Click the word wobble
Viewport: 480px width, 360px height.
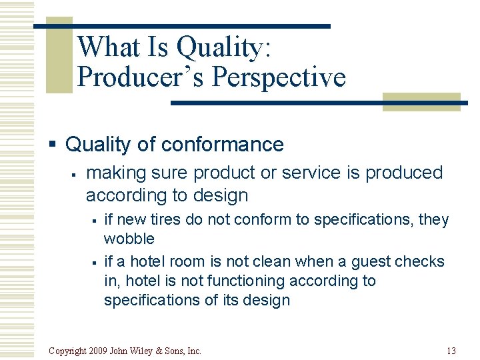click(x=129, y=239)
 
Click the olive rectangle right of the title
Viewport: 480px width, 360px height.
click(x=421, y=101)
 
